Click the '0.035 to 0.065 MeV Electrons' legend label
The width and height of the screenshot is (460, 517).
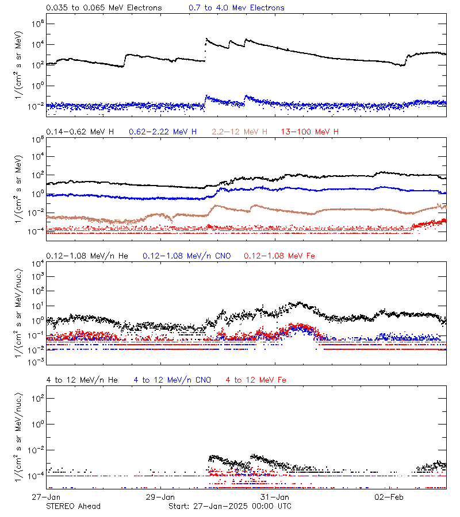[x=104, y=8]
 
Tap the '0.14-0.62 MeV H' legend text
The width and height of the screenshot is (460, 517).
[x=80, y=132]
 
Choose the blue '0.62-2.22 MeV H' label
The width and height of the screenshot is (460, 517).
[x=163, y=132]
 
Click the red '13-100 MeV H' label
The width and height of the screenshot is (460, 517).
[x=310, y=132]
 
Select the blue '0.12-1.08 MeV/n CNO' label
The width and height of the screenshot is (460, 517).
[x=186, y=256]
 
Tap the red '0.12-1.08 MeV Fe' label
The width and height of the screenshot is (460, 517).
[x=279, y=256]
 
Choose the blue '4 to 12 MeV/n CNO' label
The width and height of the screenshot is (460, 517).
[x=172, y=380]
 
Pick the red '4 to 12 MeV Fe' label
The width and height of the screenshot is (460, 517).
[x=256, y=380]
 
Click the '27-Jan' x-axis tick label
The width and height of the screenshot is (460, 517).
[x=47, y=496]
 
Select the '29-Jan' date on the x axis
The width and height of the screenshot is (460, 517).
[x=160, y=496]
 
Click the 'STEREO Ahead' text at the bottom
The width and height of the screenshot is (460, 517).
[x=73, y=506]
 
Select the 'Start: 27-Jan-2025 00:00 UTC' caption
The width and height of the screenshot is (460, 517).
[x=230, y=506]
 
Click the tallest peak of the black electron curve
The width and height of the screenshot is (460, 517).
[x=206, y=39]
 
